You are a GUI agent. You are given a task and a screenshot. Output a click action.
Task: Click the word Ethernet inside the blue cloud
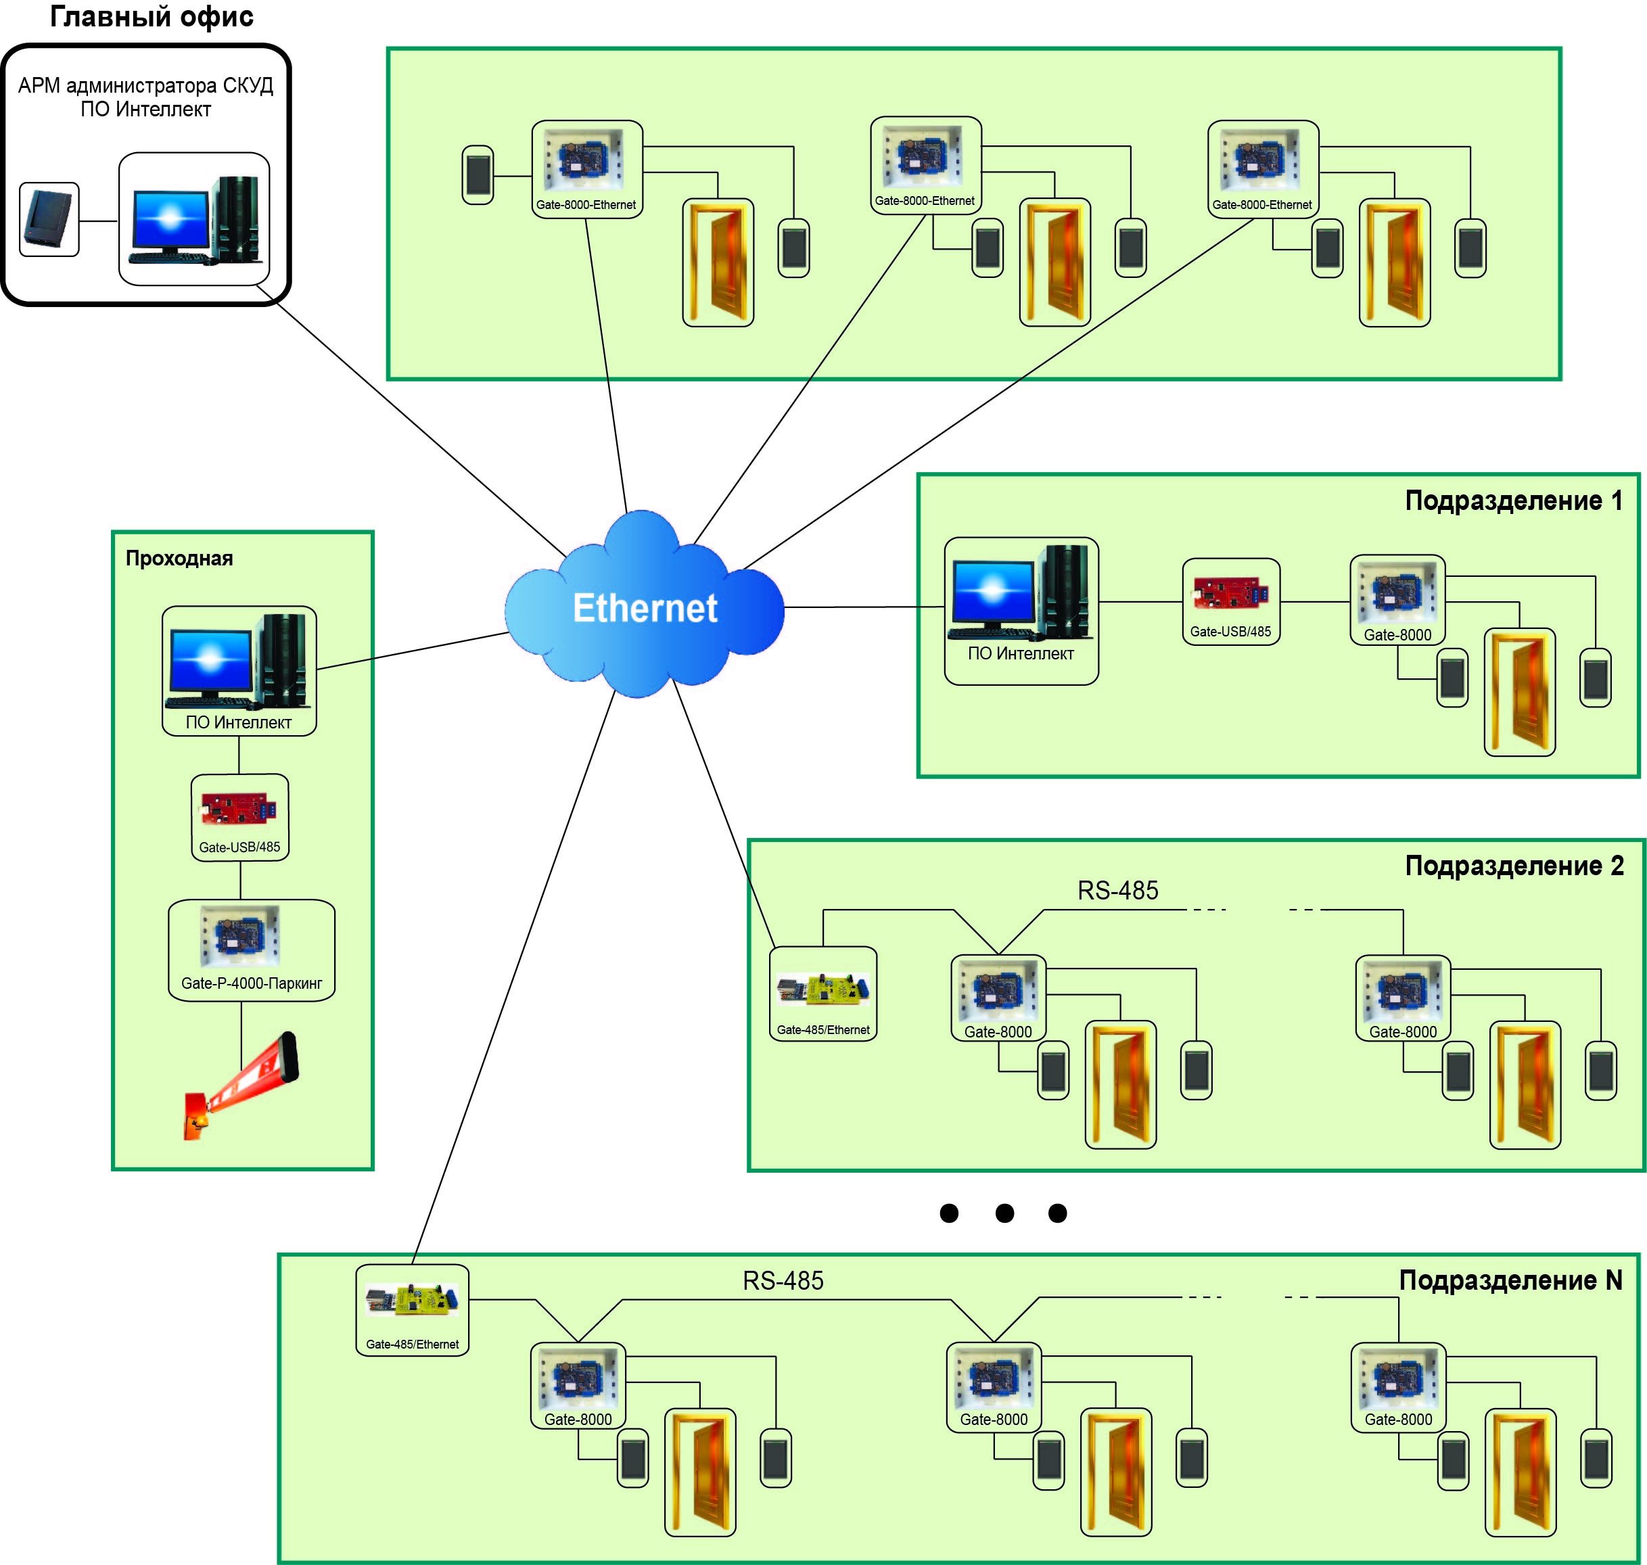(644, 607)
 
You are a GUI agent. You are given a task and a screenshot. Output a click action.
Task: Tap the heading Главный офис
(152, 17)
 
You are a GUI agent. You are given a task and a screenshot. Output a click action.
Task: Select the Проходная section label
(179, 558)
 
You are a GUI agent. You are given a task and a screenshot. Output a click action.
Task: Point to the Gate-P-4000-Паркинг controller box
(251, 950)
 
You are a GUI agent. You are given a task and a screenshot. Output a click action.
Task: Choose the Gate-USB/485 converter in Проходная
(239, 818)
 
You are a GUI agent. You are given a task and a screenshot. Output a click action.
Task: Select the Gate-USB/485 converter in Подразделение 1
(1230, 601)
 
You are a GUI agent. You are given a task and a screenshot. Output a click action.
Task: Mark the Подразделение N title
(1510, 1280)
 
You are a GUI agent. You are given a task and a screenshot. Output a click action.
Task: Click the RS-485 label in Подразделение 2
(1117, 891)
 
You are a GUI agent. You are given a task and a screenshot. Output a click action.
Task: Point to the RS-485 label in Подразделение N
(783, 1280)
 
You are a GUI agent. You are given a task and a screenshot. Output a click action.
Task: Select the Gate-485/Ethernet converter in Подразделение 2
(822, 994)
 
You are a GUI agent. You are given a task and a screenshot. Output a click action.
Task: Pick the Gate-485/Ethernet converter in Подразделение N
(412, 1310)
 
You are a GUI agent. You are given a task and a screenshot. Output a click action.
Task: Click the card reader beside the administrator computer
(49, 219)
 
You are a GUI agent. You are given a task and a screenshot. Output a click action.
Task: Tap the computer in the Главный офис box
(193, 218)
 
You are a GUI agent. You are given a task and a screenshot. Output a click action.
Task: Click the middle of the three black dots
(1004, 1213)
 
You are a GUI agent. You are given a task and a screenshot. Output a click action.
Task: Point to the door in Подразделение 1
(1518, 693)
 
